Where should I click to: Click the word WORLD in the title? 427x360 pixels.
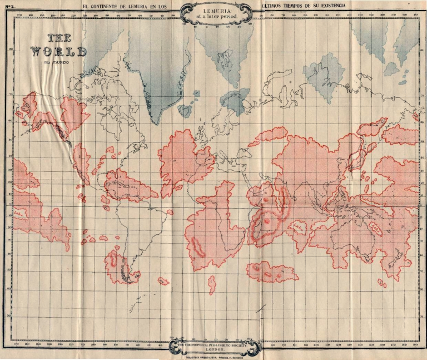point(58,52)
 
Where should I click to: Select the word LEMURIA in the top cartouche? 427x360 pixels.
point(216,11)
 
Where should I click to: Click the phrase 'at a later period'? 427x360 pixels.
point(216,17)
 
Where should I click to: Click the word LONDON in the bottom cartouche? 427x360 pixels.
point(215,349)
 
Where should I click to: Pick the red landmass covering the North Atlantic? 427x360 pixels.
point(183,159)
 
